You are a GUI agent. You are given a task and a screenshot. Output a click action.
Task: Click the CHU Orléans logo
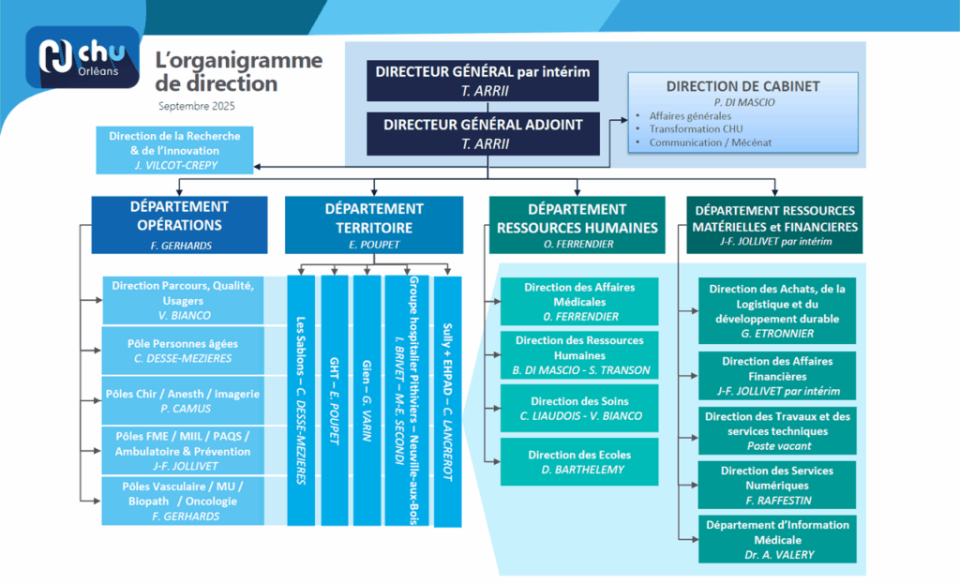[x=83, y=57]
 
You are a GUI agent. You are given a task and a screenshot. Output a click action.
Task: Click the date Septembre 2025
[x=197, y=106]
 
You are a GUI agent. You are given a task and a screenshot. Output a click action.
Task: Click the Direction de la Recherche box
[x=174, y=150]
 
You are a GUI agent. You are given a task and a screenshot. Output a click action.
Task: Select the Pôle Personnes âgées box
[x=183, y=351]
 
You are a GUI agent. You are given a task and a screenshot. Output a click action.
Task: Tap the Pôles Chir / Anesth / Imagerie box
[x=183, y=400]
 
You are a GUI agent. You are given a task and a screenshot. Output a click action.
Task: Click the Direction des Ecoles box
[x=578, y=461]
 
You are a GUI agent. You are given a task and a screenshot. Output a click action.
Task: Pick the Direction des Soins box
[x=578, y=408]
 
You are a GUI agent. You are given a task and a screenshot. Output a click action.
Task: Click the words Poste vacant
[x=776, y=446]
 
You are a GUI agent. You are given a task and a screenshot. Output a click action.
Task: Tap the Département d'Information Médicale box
[x=777, y=538]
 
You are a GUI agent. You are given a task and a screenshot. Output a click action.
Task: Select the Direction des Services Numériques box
[x=777, y=485]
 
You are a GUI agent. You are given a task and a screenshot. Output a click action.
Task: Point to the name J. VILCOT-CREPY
[x=174, y=165]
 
